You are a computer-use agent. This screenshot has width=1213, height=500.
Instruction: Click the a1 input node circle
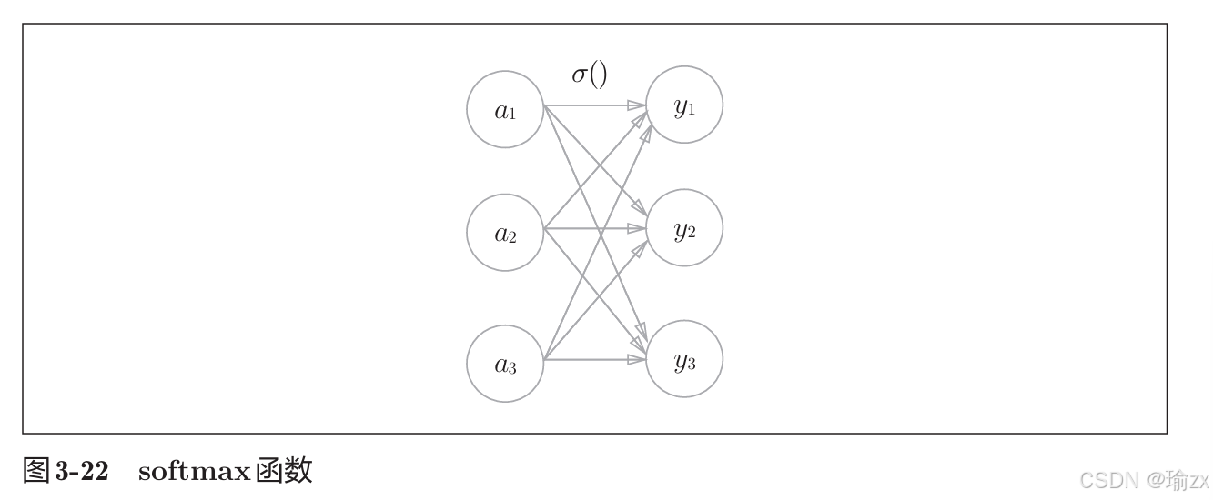pos(505,109)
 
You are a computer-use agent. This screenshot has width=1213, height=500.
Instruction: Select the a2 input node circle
pos(505,233)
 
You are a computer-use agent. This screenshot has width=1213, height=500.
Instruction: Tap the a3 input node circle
pos(505,364)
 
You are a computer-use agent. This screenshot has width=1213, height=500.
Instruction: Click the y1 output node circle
pos(684,106)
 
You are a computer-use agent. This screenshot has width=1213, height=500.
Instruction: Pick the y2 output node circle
pos(684,229)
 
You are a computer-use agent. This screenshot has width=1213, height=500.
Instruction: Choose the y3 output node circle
pos(684,360)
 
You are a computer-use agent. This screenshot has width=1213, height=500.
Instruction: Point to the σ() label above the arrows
pos(589,75)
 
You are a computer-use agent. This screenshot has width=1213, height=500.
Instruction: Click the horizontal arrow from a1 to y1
pos(591,106)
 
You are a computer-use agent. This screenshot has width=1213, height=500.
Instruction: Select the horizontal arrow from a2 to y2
pos(591,228)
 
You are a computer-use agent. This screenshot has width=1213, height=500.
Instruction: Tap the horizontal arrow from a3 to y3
pos(591,360)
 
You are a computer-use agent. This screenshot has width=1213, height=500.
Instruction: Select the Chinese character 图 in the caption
pos(36,471)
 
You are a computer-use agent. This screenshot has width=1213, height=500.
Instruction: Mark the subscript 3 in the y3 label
pos(691,365)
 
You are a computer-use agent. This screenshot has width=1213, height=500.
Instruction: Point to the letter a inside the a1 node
pos(500,110)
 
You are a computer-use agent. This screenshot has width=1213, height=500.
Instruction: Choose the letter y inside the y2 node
pos(680,230)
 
